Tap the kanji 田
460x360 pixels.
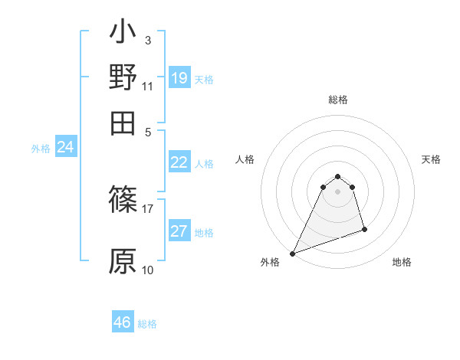[x=123, y=122]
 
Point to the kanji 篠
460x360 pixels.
[x=123, y=200]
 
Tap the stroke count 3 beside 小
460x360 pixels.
[x=147, y=40]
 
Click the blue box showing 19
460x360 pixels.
[x=179, y=77]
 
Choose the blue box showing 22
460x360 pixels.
[x=179, y=162]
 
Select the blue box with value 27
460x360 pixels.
[x=179, y=231]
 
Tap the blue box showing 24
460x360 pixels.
[x=65, y=147]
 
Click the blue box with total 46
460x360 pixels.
[x=123, y=322]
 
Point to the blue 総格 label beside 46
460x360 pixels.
[x=147, y=324]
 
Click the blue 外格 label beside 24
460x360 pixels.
[x=41, y=149]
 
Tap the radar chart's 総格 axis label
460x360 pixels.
[x=337, y=100]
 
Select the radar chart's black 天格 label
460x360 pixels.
[x=432, y=159]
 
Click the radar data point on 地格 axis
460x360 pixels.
[x=364, y=229]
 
